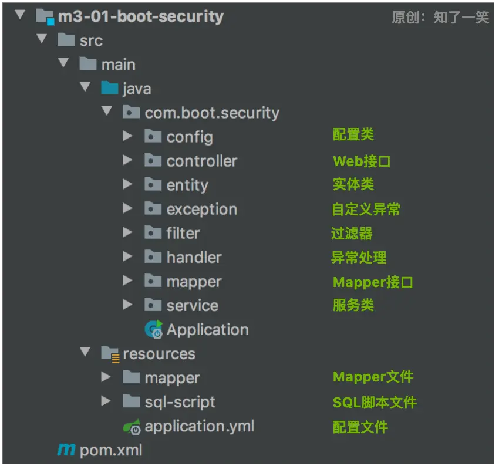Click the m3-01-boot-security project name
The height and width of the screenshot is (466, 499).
(x=141, y=16)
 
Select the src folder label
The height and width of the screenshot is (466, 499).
(x=91, y=40)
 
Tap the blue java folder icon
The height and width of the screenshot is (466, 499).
(x=109, y=88)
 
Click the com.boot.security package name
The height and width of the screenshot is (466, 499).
(x=212, y=113)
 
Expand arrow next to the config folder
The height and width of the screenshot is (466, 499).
(x=127, y=136)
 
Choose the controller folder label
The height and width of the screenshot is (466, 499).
(x=202, y=161)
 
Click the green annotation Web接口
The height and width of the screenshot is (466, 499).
(x=362, y=161)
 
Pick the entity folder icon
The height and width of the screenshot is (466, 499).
(x=153, y=184)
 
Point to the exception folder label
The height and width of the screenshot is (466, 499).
(x=202, y=210)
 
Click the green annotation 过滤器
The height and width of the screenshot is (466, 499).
(x=352, y=233)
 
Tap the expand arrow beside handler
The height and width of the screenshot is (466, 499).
(x=127, y=256)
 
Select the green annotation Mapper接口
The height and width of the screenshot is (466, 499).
(x=373, y=282)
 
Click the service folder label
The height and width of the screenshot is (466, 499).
(x=193, y=306)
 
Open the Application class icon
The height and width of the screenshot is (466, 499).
(x=153, y=329)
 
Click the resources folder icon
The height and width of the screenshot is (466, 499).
(x=110, y=354)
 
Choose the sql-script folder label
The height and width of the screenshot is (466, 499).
(x=180, y=402)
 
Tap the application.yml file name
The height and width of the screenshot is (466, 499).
(x=200, y=426)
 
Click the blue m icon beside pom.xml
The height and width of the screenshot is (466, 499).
(x=66, y=450)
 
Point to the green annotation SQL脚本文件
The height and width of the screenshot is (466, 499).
(x=375, y=403)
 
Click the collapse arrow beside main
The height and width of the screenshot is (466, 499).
(x=63, y=62)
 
